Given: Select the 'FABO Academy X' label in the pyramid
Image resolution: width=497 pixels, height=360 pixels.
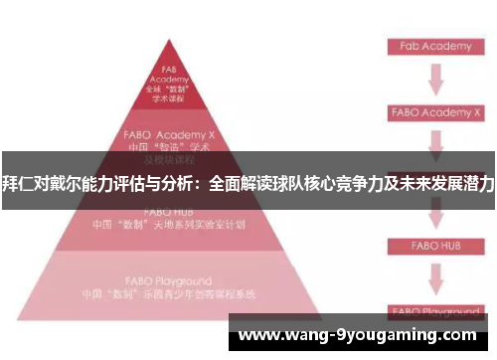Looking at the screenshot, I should click(169, 132).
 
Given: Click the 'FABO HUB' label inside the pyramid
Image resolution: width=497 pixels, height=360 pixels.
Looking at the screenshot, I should click(169, 211).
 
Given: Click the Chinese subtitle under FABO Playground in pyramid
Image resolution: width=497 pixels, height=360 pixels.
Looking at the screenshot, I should click(169, 294).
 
